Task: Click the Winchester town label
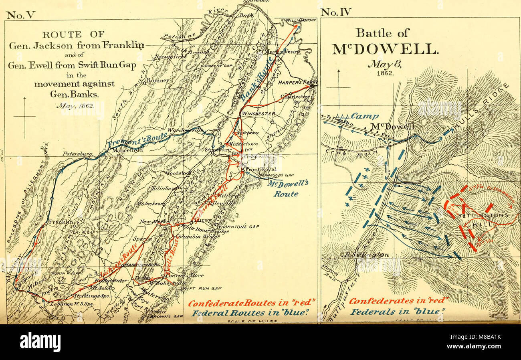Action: coord(258,113)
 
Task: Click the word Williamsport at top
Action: coord(301,20)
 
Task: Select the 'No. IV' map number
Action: coord(337,12)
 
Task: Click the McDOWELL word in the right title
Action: coord(384,49)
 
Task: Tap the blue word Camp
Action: coord(364,116)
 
